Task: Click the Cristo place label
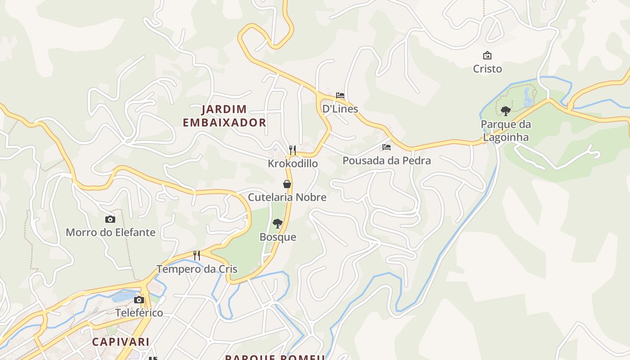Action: (x=487, y=69)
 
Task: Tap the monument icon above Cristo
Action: (x=487, y=55)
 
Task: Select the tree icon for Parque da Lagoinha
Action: (x=505, y=111)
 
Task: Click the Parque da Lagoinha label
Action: (x=506, y=130)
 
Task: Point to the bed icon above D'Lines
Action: (x=340, y=95)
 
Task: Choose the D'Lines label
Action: (x=340, y=109)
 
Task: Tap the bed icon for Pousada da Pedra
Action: (x=386, y=147)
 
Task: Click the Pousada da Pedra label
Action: (x=387, y=161)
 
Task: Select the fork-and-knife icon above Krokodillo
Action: (x=292, y=150)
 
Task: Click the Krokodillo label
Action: (x=292, y=163)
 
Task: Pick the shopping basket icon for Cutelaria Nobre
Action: (x=287, y=184)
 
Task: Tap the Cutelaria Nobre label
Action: (x=287, y=197)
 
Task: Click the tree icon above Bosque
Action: (x=278, y=224)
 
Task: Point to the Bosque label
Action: (x=278, y=237)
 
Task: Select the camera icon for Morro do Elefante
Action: (x=110, y=219)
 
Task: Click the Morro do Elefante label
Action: (x=111, y=233)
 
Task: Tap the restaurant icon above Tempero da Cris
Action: (x=197, y=256)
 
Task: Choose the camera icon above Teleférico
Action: (x=139, y=300)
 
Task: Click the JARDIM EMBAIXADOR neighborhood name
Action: (x=225, y=116)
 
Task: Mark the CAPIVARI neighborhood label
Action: (x=121, y=342)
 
